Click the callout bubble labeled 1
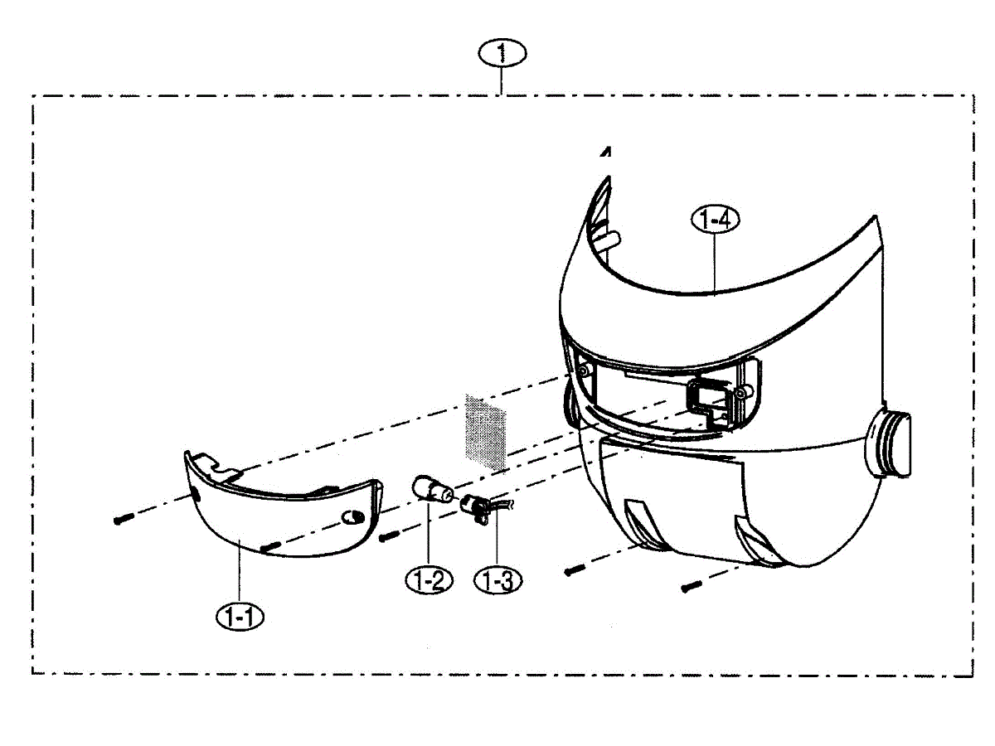[502, 53]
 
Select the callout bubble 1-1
[240, 617]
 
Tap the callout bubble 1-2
[429, 580]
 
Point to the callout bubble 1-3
[498, 580]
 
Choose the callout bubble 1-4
[715, 220]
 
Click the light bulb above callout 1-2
[432, 489]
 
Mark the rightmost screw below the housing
[692, 587]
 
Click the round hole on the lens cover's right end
[353, 516]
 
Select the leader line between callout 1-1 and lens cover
[240, 571]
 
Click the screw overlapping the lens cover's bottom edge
[270, 547]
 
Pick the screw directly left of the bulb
[389, 537]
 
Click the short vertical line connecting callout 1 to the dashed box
[501, 80]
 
